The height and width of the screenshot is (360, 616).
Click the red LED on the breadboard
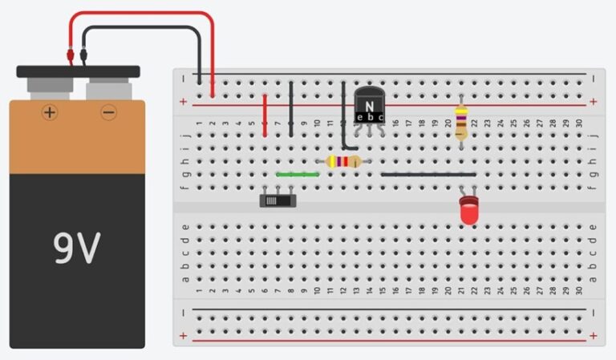click(468, 211)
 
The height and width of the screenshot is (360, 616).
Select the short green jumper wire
click(297, 174)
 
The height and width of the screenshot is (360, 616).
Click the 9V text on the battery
click(77, 249)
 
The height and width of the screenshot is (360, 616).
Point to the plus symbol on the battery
click(50, 113)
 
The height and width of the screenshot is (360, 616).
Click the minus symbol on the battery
click(108, 113)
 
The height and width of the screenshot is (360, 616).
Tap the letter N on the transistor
click(370, 106)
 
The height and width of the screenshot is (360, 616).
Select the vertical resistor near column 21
click(461, 122)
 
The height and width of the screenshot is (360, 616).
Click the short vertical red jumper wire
click(265, 115)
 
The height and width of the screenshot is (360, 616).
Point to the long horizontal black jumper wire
click(428, 174)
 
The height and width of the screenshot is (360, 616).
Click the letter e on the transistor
click(360, 118)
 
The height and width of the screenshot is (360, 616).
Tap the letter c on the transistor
click(380, 118)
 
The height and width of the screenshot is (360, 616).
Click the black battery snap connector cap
click(78, 71)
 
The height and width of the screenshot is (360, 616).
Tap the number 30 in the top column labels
click(579, 123)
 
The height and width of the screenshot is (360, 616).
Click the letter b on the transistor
click(370, 118)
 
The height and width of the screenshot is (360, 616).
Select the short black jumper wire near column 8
click(291, 103)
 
